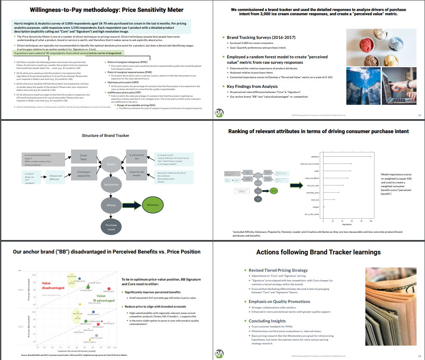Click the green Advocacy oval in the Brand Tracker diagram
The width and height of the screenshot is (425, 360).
[153, 205]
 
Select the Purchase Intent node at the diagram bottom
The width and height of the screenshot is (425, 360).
[111, 227]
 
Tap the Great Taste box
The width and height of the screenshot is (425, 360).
[83, 158]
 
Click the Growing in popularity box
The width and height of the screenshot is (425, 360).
[83, 174]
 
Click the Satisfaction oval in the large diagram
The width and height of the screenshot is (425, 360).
[111, 184]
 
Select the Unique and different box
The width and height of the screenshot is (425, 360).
[55, 177]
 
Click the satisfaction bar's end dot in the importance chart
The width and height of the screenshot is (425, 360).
[371, 156]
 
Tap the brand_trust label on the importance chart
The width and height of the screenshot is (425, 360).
[315, 200]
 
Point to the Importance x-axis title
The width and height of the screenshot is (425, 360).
[347, 224]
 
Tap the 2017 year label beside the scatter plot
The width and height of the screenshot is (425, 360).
[21, 327]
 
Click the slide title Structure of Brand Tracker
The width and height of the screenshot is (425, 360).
[105, 135]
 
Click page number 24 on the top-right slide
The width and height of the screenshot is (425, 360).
[419, 115]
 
